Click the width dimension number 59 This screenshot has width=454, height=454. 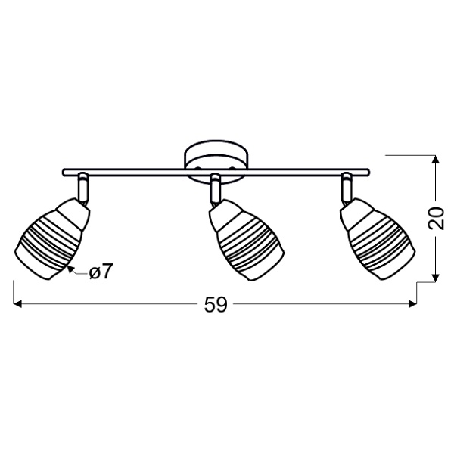[x=216, y=306]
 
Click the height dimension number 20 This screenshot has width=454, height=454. [x=437, y=219]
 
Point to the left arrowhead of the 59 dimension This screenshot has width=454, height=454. [x=18, y=306]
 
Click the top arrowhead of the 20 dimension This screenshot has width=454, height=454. [x=437, y=160]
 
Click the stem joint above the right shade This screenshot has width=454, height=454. [x=347, y=185]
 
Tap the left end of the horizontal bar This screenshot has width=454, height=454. [x=64, y=171]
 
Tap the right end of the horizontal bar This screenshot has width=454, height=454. [x=370, y=171]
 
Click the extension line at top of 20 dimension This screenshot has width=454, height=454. [x=409, y=155]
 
